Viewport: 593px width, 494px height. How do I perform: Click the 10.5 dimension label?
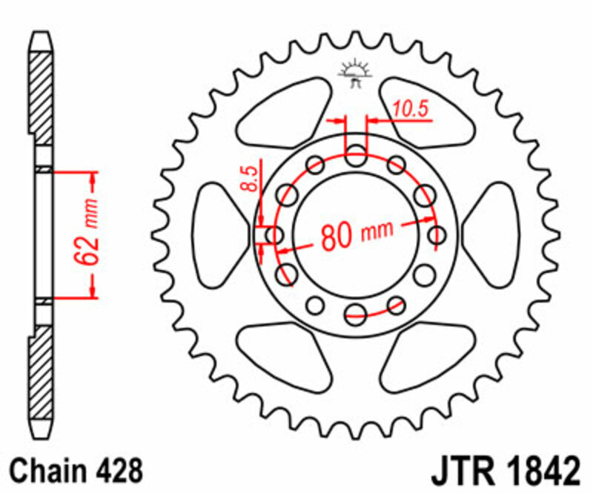tap(411, 109)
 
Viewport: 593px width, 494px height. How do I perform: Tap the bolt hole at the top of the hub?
tap(357, 157)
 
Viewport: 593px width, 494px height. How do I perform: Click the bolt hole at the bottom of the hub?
tap(356, 312)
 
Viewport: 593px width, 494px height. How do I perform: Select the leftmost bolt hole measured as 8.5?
tap(274, 235)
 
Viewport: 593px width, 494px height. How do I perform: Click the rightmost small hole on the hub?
tap(437, 235)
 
